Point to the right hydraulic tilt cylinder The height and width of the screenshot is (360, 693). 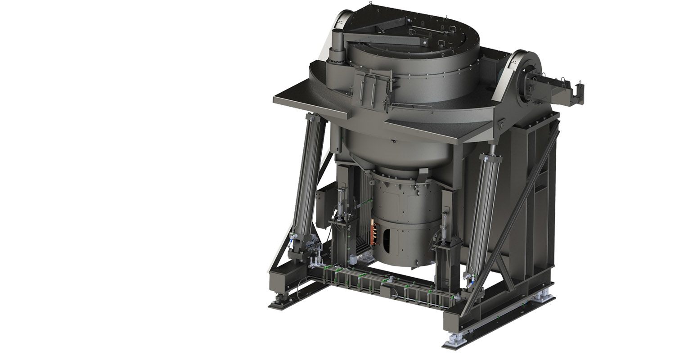(484, 211)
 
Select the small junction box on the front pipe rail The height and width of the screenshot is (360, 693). (386, 291)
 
